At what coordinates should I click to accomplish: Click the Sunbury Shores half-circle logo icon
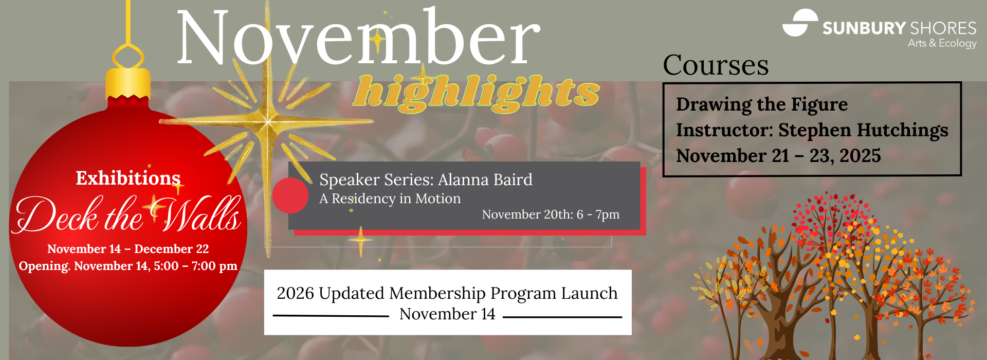pyautogui.click(x=800, y=23)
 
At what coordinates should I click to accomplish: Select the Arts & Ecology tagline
pyautogui.click(x=942, y=44)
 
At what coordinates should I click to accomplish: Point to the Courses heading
pyautogui.click(x=716, y=65)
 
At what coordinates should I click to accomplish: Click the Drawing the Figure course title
pyautogui.click(x=762, y=104)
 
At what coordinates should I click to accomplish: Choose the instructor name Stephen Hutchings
pyautogui.click(x=863, y=131)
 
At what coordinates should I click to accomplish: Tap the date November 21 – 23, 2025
pyautogui.click(x=778, y=156)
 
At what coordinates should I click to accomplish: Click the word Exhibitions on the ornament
pyautogui.click(x=128, y=178)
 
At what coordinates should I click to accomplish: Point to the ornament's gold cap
pyautogui.click(x=128, y=83)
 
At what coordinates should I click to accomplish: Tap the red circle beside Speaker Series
pyautogui.click(x=290, y=195)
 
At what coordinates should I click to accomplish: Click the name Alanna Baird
pyautogui.click(x=485, y=179)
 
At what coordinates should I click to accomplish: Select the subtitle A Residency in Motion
pyautogui.click(x=390, y=199)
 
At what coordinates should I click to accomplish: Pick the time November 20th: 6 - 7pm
pyautogui.click(x=551, y=214)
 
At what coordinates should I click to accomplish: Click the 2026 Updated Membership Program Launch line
pyautogui.click(x=447, y=293)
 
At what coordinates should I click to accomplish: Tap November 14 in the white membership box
pyautogui.click(x=447, y=314)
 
